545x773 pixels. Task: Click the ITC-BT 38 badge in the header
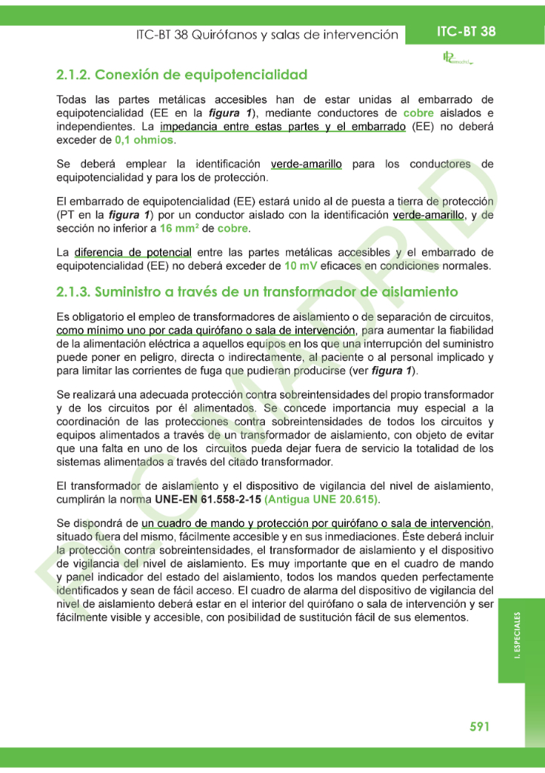[466, 32]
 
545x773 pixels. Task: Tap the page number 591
[480, 726]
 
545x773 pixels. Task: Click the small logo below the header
[456, 58]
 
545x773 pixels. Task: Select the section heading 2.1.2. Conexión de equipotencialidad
[181, 75]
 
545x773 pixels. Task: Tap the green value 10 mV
[301, 266]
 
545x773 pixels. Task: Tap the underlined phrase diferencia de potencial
[132, 253]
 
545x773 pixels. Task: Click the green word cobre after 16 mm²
[232, 228]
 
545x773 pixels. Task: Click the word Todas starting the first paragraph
[72, 100]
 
